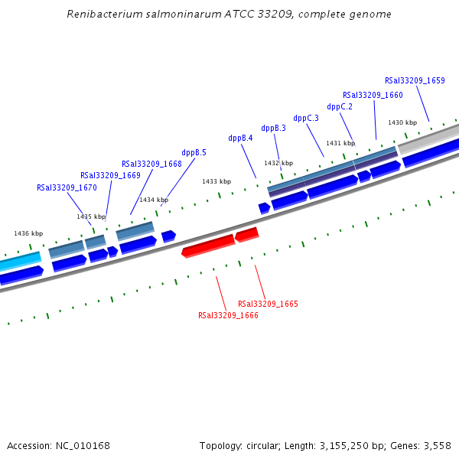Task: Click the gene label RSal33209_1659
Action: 415,80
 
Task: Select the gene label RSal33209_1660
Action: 373,95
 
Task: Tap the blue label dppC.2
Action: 340,106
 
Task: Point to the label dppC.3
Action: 306,118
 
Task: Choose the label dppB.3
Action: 273,128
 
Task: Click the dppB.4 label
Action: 240,138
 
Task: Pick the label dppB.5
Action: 194,152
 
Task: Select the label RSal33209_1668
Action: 151,164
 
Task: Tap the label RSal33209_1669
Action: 110,175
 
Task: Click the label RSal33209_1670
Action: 67,187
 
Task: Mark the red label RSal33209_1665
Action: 268,304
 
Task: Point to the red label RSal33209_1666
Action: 228,315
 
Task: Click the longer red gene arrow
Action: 208,246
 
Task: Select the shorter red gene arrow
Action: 246,234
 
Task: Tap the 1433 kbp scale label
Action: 216,181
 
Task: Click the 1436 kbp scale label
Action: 28,233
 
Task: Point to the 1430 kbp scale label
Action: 402,122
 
